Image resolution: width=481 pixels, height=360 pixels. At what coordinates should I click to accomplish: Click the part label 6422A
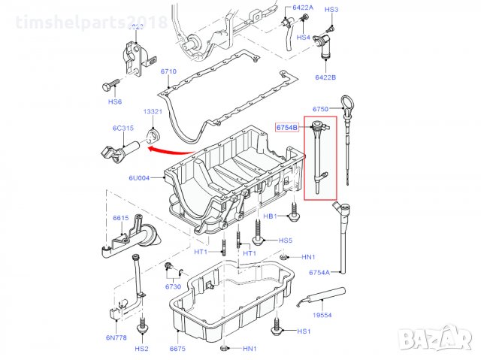tap(302, 8)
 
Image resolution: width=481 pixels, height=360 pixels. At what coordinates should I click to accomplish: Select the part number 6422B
tap(325, 77)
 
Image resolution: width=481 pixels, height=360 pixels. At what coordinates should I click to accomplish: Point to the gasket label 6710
tap(168, 72)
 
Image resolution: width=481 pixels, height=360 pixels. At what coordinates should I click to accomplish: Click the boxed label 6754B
tap(287, 128)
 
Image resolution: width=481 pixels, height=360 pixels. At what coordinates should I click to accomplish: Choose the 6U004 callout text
tap(140, 178)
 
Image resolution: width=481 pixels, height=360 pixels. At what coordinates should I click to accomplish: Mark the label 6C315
tap(123, 128)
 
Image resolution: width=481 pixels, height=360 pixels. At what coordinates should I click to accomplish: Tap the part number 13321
tap(153, 111)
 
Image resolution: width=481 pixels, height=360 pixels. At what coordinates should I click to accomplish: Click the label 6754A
tap(319, 273)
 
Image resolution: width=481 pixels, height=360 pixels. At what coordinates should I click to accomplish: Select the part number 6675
tap(177, 349)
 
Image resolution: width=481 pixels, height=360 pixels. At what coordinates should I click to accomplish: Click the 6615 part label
tap(121, 218)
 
